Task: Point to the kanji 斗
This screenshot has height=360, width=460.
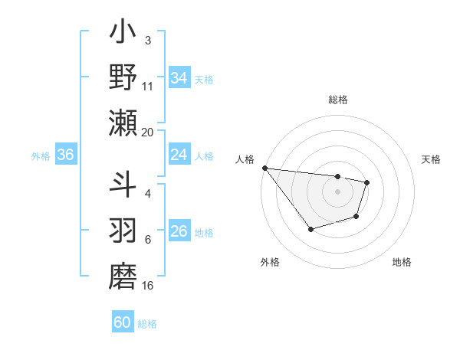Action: point(123,184)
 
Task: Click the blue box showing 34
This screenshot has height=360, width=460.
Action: point(179,77)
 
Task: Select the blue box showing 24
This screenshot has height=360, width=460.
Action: point(179,155)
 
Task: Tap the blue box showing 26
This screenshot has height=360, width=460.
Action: point(179,231)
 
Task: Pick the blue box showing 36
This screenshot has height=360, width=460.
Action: point(65,155)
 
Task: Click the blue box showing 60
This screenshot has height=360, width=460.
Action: point(123,322)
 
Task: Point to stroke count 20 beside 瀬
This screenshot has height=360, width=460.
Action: point(148,132)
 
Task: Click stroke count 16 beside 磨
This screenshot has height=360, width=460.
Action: point(148,286)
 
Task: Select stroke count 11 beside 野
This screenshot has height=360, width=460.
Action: point(148,87)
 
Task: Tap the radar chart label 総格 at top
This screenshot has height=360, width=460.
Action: point(338,100)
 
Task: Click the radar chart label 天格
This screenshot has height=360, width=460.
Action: point(432,159)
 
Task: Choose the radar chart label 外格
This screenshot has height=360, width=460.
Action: point(270,262)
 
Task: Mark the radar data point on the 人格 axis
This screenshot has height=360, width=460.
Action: point(264,168)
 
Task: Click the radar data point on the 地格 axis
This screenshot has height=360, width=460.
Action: point(356,218)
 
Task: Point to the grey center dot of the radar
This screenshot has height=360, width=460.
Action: point(338,191)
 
